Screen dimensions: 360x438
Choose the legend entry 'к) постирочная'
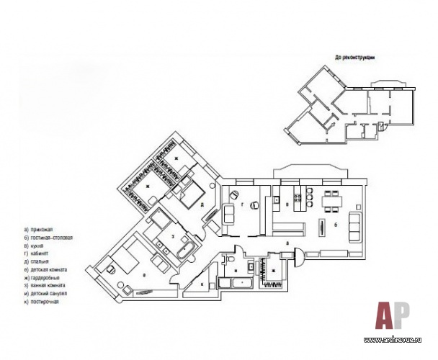[x=40, y=302]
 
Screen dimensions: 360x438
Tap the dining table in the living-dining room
[x=333, y=201]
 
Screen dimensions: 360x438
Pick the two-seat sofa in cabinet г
[x=228, y=214]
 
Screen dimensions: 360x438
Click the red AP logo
[x=392, y=315]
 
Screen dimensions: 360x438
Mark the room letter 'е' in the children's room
[x=146, y=275]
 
